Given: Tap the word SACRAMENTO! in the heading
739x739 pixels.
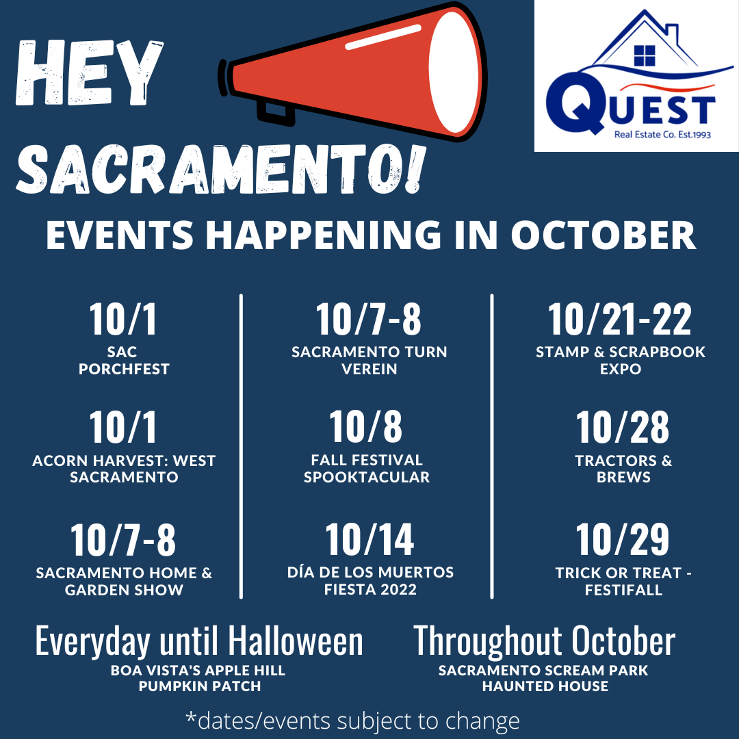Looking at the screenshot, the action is (x=221, y=169).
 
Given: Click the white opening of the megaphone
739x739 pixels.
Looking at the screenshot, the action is (x=454, y=72).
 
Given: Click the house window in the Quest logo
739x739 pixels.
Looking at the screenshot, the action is (x=645, y=55).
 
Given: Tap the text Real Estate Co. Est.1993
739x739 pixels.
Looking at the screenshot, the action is (x=662, y=135).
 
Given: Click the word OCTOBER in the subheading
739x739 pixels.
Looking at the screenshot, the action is (x=604, y=235).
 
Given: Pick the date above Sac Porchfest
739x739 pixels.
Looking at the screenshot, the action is (x=123, y=320).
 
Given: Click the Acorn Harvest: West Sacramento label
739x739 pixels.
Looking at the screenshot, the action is (x=124, y=469).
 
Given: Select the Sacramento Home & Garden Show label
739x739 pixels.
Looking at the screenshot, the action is (x=124, y=581).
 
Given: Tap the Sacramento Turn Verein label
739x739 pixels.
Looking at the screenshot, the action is (x=369, y=360).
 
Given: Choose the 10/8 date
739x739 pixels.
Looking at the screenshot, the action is (x=365, y=426).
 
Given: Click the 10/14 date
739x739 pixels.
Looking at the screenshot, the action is (x=369, y=540).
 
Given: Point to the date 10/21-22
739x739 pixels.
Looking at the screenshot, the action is (x=620, y=320).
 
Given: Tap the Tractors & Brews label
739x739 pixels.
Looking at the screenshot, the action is (x=623, y=469).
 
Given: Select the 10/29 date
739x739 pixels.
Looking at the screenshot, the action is (x=623, y=540).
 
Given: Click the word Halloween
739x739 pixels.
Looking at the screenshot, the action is (x=296, y=641).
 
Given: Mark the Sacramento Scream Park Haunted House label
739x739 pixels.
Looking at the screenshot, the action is (x=544, y=678).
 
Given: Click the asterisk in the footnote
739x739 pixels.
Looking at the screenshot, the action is (x=191, y=717).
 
